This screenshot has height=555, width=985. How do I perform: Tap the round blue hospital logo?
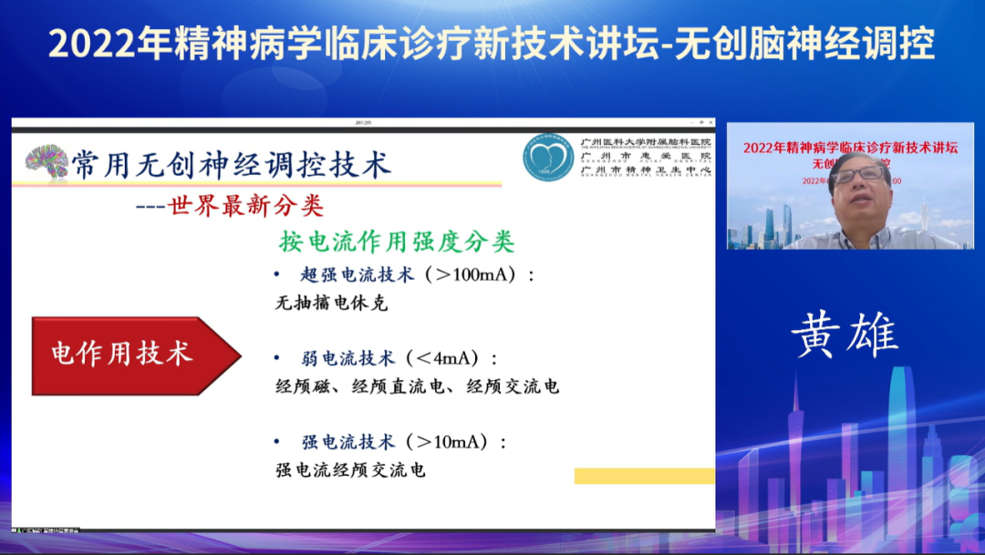[x=548, y=157]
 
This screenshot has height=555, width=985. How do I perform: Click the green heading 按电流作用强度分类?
[x=397, y=242]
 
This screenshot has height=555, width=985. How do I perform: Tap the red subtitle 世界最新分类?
[x=246, y=206]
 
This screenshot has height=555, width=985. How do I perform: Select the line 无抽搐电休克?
[x=331, y=303]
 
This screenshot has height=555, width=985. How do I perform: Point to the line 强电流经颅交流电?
[x=350, y=471]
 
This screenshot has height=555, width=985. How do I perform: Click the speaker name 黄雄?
[x=845, y=334]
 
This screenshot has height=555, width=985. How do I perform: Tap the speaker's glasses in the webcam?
[x=858, y=173]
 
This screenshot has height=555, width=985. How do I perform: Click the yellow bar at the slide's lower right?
[x=644, y=476]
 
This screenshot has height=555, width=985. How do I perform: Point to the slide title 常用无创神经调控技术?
[x=232, y=165]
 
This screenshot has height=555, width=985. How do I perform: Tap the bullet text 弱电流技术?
[x=347, y=358]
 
